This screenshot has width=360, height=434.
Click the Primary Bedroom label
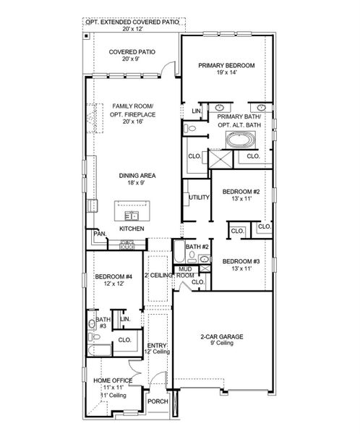tap(226, 64)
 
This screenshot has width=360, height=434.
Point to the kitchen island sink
tap(131, 214)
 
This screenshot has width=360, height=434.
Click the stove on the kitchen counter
tap(127, 246)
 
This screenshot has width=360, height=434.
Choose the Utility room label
tap(199, 197)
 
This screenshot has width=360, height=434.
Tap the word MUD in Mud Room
tap(185, 269)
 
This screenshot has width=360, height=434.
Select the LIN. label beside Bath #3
tap(124, 318)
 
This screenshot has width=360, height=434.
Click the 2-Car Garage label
tap(221, 336)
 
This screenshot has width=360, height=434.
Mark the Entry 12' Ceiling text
tap(157, 350)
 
